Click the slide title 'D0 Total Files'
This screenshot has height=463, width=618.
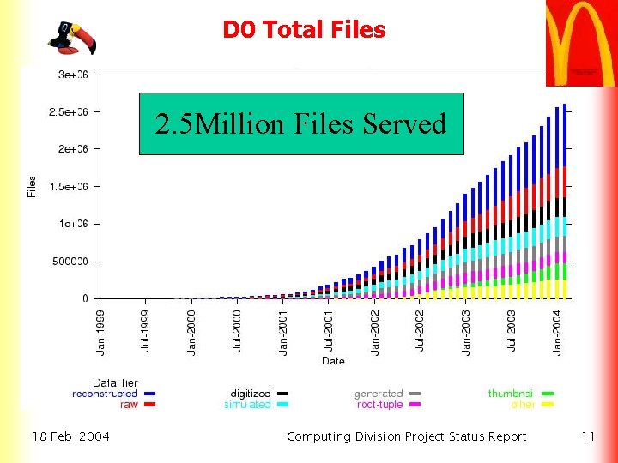coord(304,30)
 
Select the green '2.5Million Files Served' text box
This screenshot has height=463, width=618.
coord(301,123)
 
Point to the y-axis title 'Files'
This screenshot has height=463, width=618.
coord(32,186)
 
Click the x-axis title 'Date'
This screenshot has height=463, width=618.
coord(333,361)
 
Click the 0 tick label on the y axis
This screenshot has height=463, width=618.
coord(85,298)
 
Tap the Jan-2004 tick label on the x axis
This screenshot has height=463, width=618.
coord(558,331)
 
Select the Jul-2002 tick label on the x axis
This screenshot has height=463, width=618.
coord(421,331)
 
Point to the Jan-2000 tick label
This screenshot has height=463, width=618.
coord(191,331)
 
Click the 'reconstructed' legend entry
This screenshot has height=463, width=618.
coord(105,394)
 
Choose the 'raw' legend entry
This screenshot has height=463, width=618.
coord(129,404)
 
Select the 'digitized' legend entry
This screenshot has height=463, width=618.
coord(250,394)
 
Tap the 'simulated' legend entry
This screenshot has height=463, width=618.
coord(247,404)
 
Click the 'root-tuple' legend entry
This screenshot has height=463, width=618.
coord(379,404)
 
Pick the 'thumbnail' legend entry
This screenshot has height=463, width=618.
coord(511,394)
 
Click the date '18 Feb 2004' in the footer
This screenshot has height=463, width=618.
coord(71,436)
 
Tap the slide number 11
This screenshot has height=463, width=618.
coord(588,436)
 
